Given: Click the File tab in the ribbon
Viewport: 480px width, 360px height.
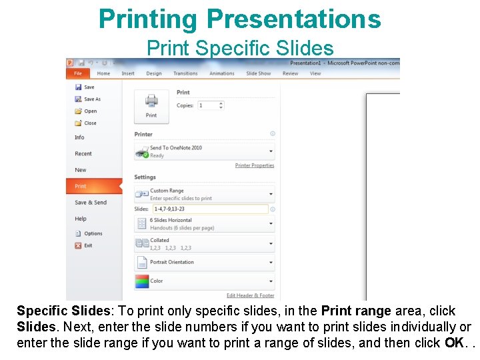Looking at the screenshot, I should click(x=78, y=73).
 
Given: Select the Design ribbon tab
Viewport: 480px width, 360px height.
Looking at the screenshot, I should click(x=154, y=73).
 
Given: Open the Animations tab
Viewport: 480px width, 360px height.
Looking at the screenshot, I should click(x=221, y=73).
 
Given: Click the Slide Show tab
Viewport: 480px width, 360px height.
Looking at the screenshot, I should click(x=259, y=73).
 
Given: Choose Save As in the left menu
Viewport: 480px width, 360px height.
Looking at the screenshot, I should click(x=92, y=99).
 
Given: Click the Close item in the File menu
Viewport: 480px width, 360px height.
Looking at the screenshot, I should click(x=90, y=123).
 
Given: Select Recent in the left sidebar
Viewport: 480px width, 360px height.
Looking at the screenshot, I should click(x=83, y=154).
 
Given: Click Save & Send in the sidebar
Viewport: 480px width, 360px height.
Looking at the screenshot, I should click(x=91, y=203).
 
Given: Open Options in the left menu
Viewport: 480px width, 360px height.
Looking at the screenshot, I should click(x=93, y=234).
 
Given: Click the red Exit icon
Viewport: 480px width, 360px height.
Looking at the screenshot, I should click(x=78, y=246).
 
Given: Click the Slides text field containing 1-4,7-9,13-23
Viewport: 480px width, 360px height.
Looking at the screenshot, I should click(x=210, y=209).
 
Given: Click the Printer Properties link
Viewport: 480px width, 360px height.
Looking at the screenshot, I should click(x=255, y=165).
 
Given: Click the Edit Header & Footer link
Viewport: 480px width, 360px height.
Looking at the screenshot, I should click(x=250, y=295).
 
